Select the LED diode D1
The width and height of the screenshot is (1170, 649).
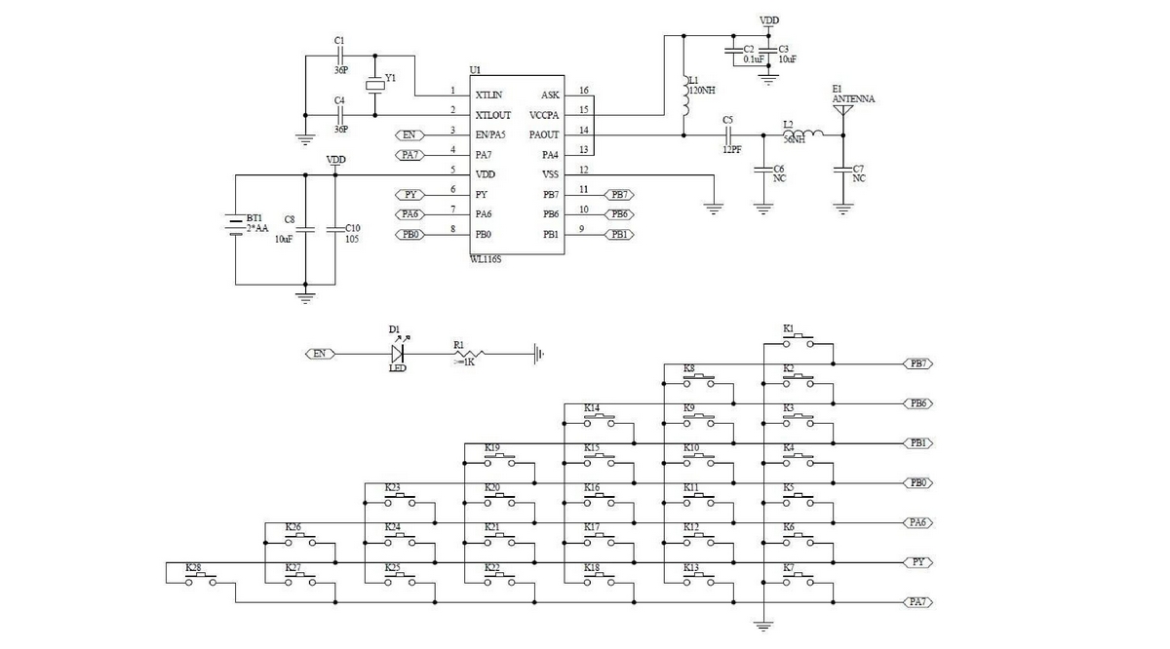point(397,354)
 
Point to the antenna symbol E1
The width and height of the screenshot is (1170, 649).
point(843,111)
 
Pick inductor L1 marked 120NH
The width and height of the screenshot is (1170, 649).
point(683,95)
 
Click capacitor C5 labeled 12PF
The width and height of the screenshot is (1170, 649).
point(727,134)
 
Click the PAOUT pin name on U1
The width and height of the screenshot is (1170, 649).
point(544,134)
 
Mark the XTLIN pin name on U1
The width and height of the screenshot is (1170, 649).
point(489,95)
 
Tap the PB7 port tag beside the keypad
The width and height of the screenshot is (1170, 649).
point(917,363)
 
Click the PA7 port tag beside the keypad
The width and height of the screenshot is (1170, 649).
point(917,602)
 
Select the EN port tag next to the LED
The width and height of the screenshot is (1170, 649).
point(319,354)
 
